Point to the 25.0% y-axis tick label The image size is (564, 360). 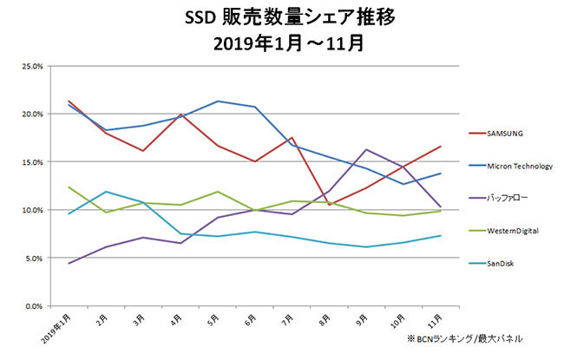pos(32,66)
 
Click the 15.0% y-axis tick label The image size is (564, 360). pos(32,162)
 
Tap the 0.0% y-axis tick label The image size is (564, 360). pos(34,306)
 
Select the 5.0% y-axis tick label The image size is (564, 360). pos(34,259)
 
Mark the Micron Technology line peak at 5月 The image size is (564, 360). pos(216,101)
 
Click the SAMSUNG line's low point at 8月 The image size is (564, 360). pos(329,205)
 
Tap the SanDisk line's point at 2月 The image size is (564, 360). pos(105,192)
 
